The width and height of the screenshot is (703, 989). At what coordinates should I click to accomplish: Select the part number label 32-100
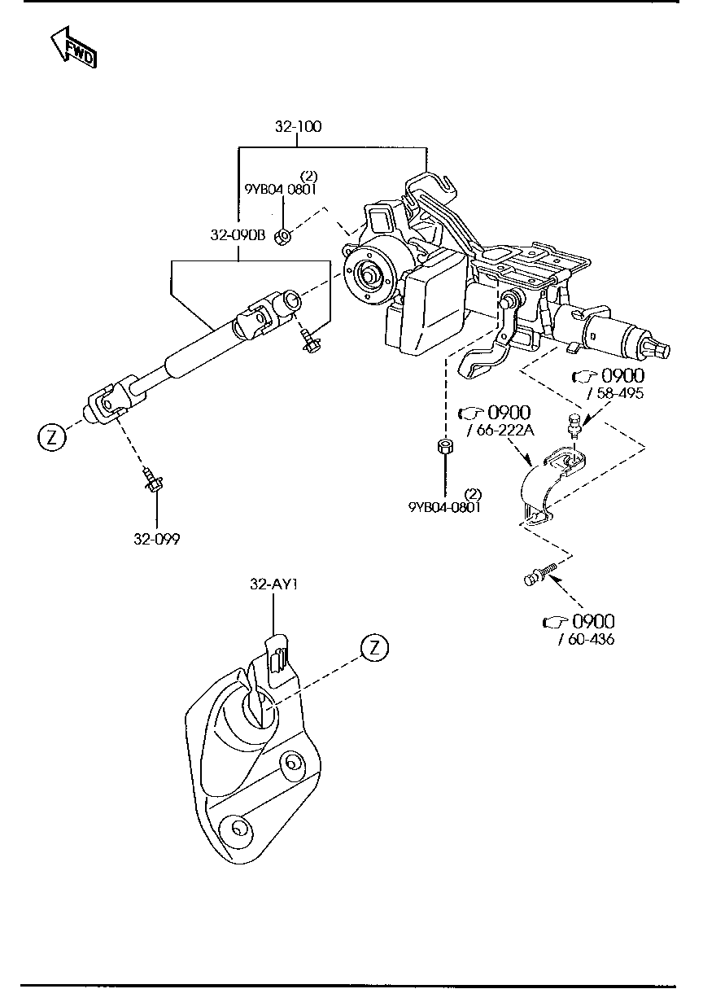tap(298, 126)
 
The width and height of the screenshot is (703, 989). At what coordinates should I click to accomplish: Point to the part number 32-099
tap(157, 539)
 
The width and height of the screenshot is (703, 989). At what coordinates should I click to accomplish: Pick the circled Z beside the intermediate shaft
tap(51, 437)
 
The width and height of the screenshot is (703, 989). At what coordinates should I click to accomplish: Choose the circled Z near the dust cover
tap(374, 648)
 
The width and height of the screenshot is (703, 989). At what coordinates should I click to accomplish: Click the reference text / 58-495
tap(615, 394)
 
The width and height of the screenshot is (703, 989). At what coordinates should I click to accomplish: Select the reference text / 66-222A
tap(501, 431)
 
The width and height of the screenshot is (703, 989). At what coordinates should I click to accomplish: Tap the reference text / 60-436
tap(587, 640)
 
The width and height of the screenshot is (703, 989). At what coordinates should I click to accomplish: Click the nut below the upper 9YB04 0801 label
tap(282, 237)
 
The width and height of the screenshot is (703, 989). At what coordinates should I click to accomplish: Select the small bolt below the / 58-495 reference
tap(574, 424)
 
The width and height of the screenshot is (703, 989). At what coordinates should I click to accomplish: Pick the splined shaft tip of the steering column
tap(662, 350)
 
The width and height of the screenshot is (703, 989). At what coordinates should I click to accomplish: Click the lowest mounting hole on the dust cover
tap(238, 829)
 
